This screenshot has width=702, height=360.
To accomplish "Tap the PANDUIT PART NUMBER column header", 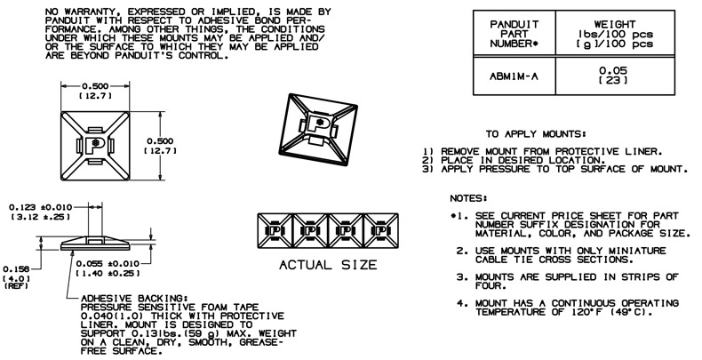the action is click(x=511, y=31).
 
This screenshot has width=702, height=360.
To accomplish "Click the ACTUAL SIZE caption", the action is click(x=328, y=264).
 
